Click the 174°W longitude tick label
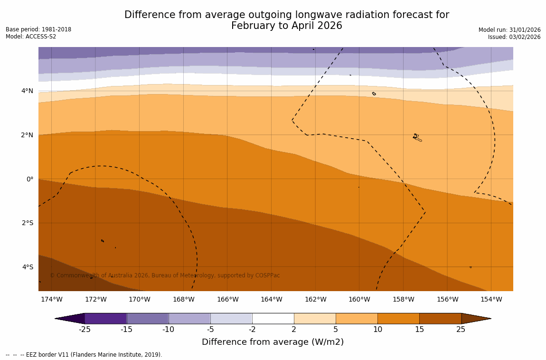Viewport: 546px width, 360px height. pyautogui.click(x=51, y=299)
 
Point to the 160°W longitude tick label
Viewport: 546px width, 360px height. pyautogui.click(x=359, y=299)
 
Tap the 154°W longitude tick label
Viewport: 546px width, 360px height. pyautogui.click(x=491, y=299)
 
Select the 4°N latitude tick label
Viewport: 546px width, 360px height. pyautogui.click(x=28, y=91)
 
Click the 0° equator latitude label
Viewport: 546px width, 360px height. pyautogui.click(x=30, y=179)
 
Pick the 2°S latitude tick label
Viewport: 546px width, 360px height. pyautogui.click(x=28, y=223)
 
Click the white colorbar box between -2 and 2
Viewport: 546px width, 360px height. pyautogui.click(x=273, y=318)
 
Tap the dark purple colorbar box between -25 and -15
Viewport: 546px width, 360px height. pyautogui.click(x=105, y=318)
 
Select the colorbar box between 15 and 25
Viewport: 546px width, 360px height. pyautogui.click(x=440, y=318)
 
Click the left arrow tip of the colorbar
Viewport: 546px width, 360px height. pyautogui.click(x=57, y=318)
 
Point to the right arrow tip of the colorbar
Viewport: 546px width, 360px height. pyautogui.click(x=489, y=318)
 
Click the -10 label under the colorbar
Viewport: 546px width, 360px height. pyautogui.click(x=169, y=330)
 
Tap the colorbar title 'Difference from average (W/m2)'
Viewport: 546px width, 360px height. pyautogui.click(x=273, y=342)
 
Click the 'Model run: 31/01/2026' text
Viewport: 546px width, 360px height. pyautogui.click(x=509, y=30)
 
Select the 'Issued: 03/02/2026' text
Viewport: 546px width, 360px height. pyautogui.click(x=514, y=37)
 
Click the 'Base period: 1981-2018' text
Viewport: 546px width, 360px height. pyautogui.click(x=38, y=29)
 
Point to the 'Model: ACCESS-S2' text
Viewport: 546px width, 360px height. pyautogui.click(x=31, y=37)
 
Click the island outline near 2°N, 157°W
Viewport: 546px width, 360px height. pyautogui.click(x=417, y=138)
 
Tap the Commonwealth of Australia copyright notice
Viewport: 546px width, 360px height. pyautogui.click(x=165, y=275)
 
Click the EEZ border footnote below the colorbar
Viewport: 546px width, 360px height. pyautogui.click(x=84, y=355)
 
